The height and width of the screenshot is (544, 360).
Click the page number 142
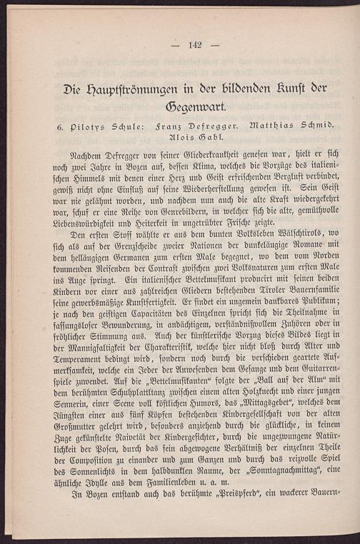[196, 45]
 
